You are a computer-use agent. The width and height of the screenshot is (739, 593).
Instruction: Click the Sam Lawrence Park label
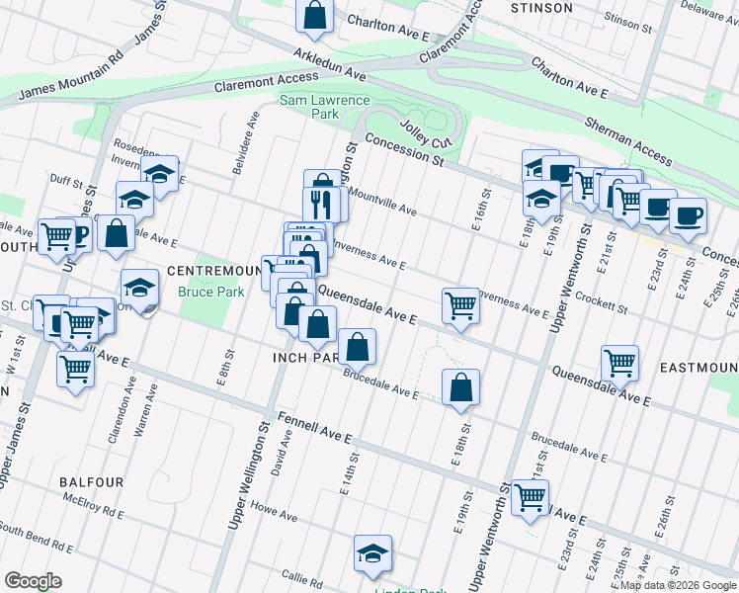pyautogui.click(x=324, y=107)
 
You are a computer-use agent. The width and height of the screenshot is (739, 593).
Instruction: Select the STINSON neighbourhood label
pyautogui.click(x=541, y=8)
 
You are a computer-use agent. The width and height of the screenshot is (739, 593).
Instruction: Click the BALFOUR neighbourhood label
pyautogui.click(x=91, y=482)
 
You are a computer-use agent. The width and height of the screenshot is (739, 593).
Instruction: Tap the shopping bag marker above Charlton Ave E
pyautogui.click(x=314, y=16)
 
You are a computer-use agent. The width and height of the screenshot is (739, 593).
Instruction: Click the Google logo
pyautogui.click(x=33, y=581)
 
